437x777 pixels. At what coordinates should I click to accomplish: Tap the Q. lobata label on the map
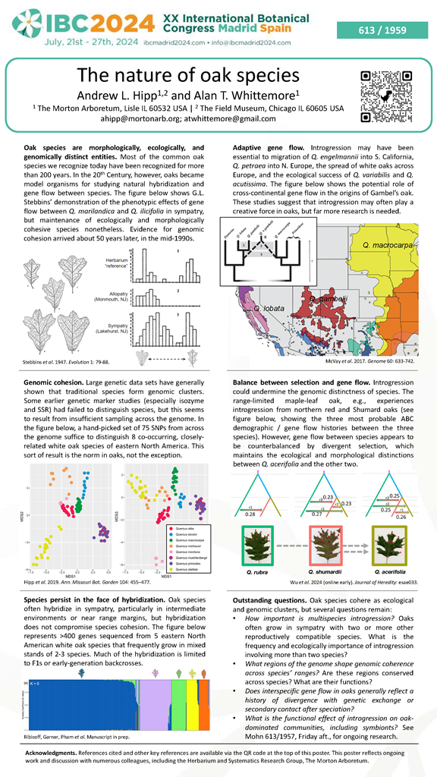pos(268,310)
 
